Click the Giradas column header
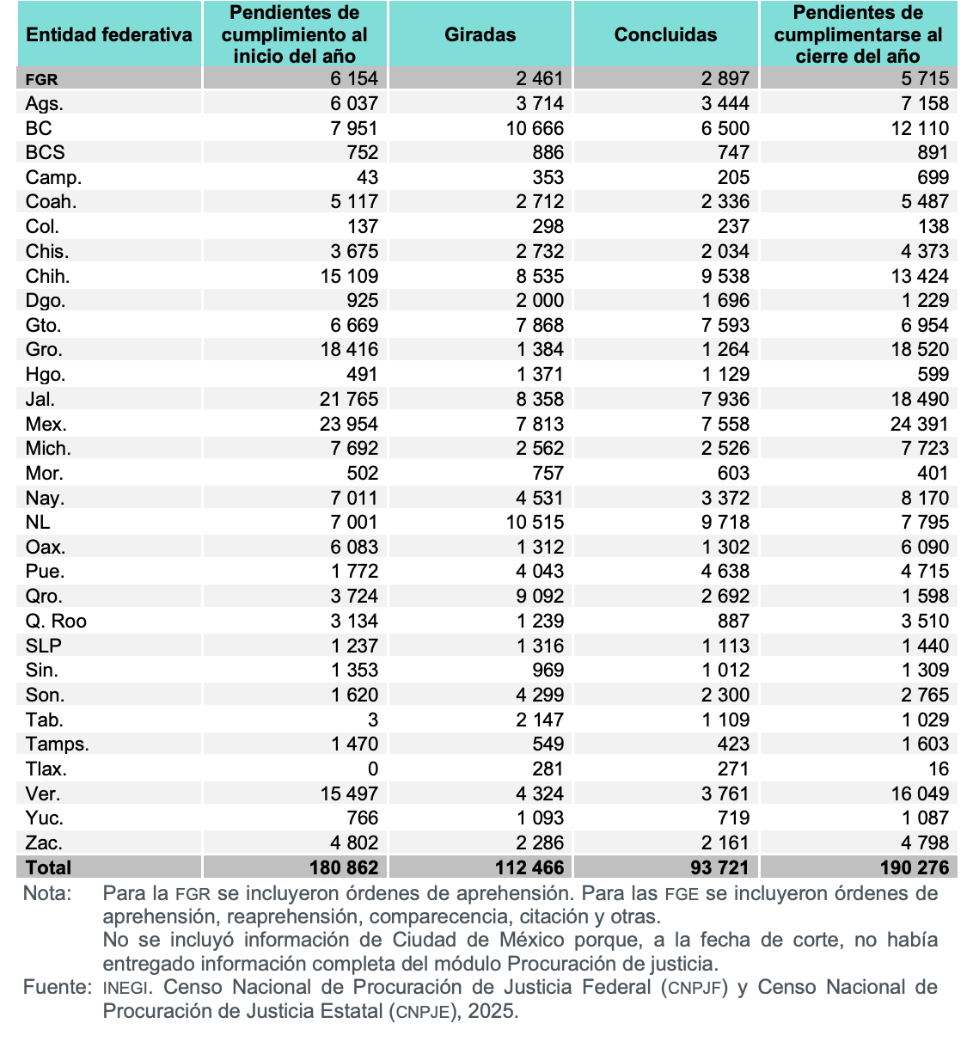480,35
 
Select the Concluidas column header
665,35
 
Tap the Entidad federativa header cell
109,35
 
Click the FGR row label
42,79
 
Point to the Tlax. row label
46,769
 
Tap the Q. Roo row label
56,621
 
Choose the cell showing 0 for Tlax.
372,769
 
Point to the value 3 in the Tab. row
372,720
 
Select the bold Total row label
48,867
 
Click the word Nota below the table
47,893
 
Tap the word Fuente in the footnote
57,987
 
